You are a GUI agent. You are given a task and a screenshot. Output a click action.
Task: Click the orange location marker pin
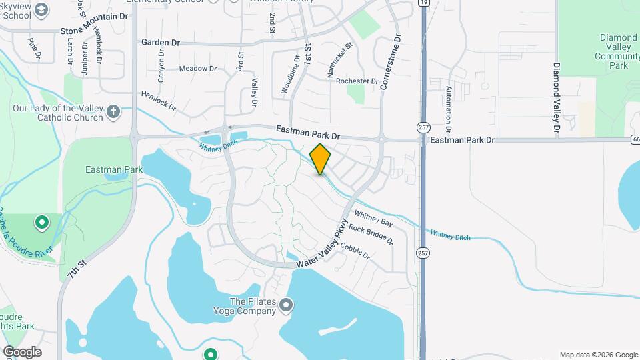[320, 159]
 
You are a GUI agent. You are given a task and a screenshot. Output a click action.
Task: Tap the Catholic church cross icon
[113, 111]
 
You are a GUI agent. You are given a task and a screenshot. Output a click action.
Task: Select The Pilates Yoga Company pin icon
[287, 305]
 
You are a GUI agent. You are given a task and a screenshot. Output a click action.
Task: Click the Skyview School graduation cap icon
[42, 10]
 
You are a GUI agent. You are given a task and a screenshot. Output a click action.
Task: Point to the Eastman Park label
[114, 169]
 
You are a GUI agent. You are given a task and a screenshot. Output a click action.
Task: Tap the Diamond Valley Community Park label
[619, 52]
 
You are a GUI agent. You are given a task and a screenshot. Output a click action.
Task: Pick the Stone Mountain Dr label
[94, 31]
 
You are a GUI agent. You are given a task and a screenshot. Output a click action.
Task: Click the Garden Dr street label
[161, 43]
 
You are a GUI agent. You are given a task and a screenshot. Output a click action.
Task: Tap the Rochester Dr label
[357, 81]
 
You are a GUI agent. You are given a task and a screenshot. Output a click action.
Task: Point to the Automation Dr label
[449, 109]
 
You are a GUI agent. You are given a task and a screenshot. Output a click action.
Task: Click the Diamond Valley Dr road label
[555, 97]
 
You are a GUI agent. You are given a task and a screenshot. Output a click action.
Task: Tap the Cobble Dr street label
[355, 250]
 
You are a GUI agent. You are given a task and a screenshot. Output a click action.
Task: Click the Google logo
[22, 352]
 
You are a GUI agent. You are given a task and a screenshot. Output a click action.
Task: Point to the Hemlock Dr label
[159, 101]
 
